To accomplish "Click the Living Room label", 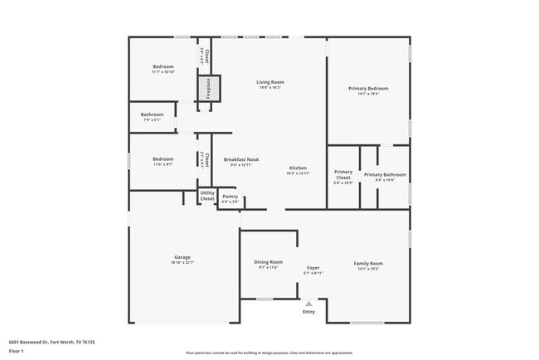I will click(x=269, y=82).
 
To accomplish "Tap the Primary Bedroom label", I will click(x=367, y=88).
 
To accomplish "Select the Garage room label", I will click(x=182, y=257).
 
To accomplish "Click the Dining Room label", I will click(x=268, y=262).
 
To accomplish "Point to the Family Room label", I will click(x=367, y=263).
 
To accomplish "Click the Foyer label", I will click(x=313, y=268).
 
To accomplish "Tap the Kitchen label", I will click(x=297, y=168).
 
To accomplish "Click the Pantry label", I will click(x=230, y=197).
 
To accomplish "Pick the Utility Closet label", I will click(x=207, y=196).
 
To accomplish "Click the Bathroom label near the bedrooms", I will click(x=152, y=114).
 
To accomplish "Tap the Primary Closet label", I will click(x=342, y=174).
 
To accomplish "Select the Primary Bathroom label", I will click(x=384, y=174).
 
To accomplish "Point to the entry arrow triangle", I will click(x=308, y=304).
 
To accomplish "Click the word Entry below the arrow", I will click(x=308, y=312).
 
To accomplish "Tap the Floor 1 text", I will click(x=17, y=351).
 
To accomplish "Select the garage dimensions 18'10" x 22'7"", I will click(x=182, y=262).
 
